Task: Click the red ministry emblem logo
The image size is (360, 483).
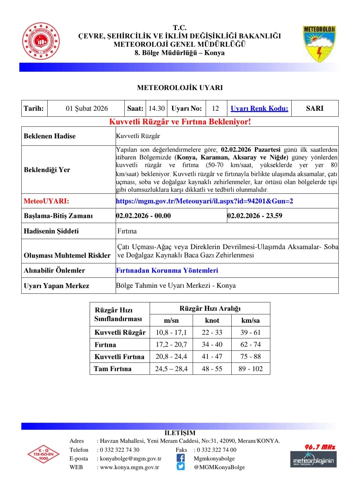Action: pyautogui.click(x=41, y=41)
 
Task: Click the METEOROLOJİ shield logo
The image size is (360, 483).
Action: pyautogui.click(x=319, y=44)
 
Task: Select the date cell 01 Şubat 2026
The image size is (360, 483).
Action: pyautogui.click(x=87, y=108)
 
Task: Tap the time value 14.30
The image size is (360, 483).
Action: pyautogui.click(x=157, y=108)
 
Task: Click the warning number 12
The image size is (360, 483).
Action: pyautogui.click(x=215, y=108)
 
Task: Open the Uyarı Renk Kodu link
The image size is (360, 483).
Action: pyautogui.click(x=259, y=108)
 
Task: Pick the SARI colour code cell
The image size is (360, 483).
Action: pyautogui.click(x=315, y=108)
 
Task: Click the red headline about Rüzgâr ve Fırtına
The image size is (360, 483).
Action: pyautogui.click(x=180, y=122)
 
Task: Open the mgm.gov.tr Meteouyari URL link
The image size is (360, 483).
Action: pyautogui.click(x=204, y=201)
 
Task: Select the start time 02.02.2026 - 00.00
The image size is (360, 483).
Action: pyautogui.click(x=143, y=216)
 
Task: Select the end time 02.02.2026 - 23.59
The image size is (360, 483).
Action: pyautogui.click(x=255, y=216)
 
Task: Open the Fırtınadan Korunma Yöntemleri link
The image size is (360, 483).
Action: pyautogui.click(x=167, y=270)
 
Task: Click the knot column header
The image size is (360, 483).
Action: pyautogui.click(x=212, y=321)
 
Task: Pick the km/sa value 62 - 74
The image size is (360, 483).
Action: pyautogui.click(x=251, y=344)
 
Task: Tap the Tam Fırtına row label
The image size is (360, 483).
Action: pyautogui.click(x=113, y=369)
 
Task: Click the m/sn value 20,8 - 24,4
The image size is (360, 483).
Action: pyautogui.click(x=171, y=356)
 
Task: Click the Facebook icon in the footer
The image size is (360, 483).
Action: pyautogui.click(x=181, y=458)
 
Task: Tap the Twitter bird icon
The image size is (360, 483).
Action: pyautogui.click(x=181, y=467)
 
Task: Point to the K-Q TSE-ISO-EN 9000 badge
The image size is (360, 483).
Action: pyautogui.click(x=44, y=454)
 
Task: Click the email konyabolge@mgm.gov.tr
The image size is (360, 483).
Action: pyautogui.click(x=131, y=459)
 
